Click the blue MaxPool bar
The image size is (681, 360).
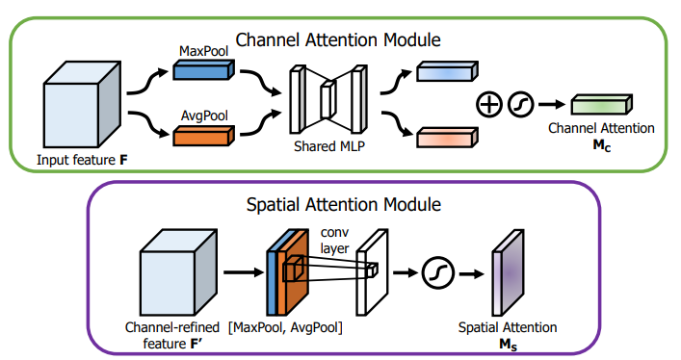[203, 69]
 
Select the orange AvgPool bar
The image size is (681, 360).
[203, 136]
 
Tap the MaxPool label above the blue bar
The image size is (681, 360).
[203, 51]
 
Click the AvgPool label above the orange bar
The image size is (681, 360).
[204, 116]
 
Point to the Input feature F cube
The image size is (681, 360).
[82, 104]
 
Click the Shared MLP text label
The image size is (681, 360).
[329, 146]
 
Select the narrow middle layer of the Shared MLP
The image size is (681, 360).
[327, 99]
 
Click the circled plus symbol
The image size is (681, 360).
[489, 105]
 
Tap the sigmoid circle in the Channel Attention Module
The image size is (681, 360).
[520, 105]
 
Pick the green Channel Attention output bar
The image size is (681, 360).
[601, 105]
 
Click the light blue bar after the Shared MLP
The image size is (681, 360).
[447, 71]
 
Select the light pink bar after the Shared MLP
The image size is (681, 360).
[447, 138]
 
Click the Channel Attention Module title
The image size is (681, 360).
[338, 40]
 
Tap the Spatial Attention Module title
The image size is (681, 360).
[344, 204]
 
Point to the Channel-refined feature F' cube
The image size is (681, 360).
[178, 272]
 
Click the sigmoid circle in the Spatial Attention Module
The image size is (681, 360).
[437, 273]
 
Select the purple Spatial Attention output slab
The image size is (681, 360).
[508, 272]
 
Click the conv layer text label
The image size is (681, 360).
[334, 240]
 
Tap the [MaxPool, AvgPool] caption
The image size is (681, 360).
[285, 327]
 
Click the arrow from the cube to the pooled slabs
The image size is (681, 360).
[244, 272]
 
